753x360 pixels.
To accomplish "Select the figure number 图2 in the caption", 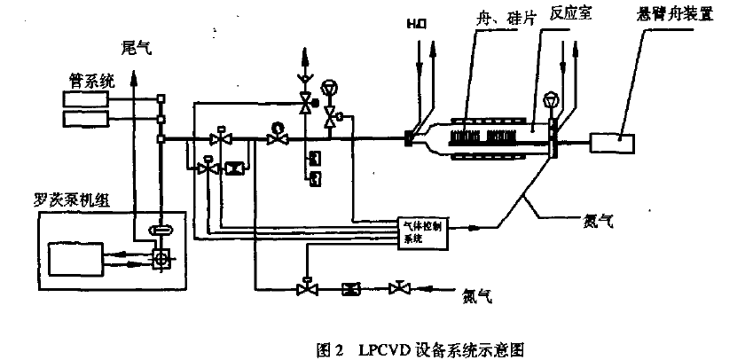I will [330, 348].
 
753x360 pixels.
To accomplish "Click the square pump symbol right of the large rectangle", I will [162, 258].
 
